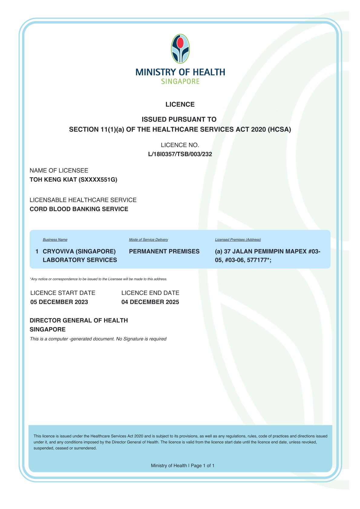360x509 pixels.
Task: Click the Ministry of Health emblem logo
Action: [180, 49]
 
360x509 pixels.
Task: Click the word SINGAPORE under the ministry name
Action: [180, 81]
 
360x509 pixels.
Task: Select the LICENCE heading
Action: [180, 104]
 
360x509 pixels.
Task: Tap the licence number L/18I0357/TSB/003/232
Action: [180, 154]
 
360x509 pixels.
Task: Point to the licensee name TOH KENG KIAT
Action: [53, 180]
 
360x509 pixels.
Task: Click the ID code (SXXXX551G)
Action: [98, 180]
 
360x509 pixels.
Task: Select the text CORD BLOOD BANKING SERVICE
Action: [79, 209]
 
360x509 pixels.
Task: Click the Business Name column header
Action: [55, 240]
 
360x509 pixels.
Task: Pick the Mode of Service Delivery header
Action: [149, 240]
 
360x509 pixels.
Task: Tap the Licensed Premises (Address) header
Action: [238, 240]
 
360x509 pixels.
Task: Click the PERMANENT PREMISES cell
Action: [164, 251]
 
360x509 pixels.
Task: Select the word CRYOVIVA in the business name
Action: [58, 251]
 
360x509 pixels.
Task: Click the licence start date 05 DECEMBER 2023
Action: [59, 302]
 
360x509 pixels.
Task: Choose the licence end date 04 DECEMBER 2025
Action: [150, 302]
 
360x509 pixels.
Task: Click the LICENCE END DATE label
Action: [150, 293]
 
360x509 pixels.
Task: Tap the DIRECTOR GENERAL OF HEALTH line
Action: [79, 320]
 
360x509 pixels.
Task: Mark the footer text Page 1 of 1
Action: [203, 465]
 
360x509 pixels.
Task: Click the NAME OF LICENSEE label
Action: [59, 171]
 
